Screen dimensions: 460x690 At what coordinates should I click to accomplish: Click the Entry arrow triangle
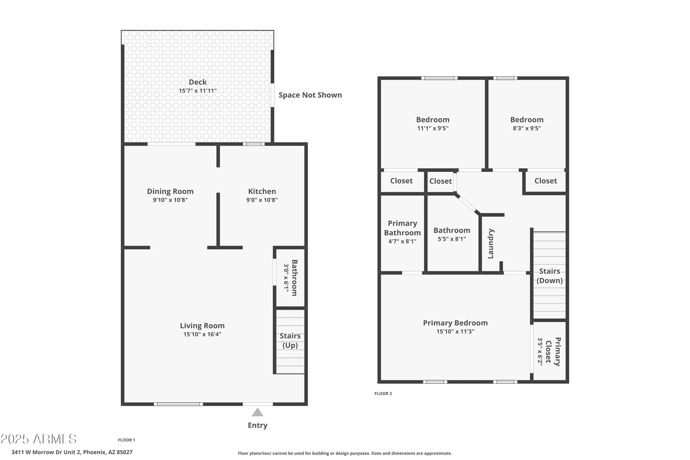(257, 412)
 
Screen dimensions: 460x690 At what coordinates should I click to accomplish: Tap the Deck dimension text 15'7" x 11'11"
(198, 91)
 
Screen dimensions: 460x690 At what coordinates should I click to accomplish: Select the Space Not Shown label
(310, 95)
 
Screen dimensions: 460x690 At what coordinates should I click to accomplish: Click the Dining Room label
(170, 192)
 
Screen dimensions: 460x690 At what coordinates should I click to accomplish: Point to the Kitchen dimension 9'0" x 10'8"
(262, 200)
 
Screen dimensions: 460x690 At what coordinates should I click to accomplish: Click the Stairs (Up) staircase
(290, 341)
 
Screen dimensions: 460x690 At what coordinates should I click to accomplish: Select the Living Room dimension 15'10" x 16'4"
(202, 334)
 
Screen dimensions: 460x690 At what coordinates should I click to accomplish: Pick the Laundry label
(491, 244)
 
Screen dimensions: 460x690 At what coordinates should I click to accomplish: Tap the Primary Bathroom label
(402, 228)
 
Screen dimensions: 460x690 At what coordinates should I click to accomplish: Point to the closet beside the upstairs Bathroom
(440, 181)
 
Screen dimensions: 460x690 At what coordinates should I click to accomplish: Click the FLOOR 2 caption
(383, 393)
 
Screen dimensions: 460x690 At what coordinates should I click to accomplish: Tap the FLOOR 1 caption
(127, 440)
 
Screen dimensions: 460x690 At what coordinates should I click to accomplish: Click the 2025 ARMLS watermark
(39, 439)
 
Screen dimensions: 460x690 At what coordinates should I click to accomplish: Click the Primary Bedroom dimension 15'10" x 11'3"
(455, 332)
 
